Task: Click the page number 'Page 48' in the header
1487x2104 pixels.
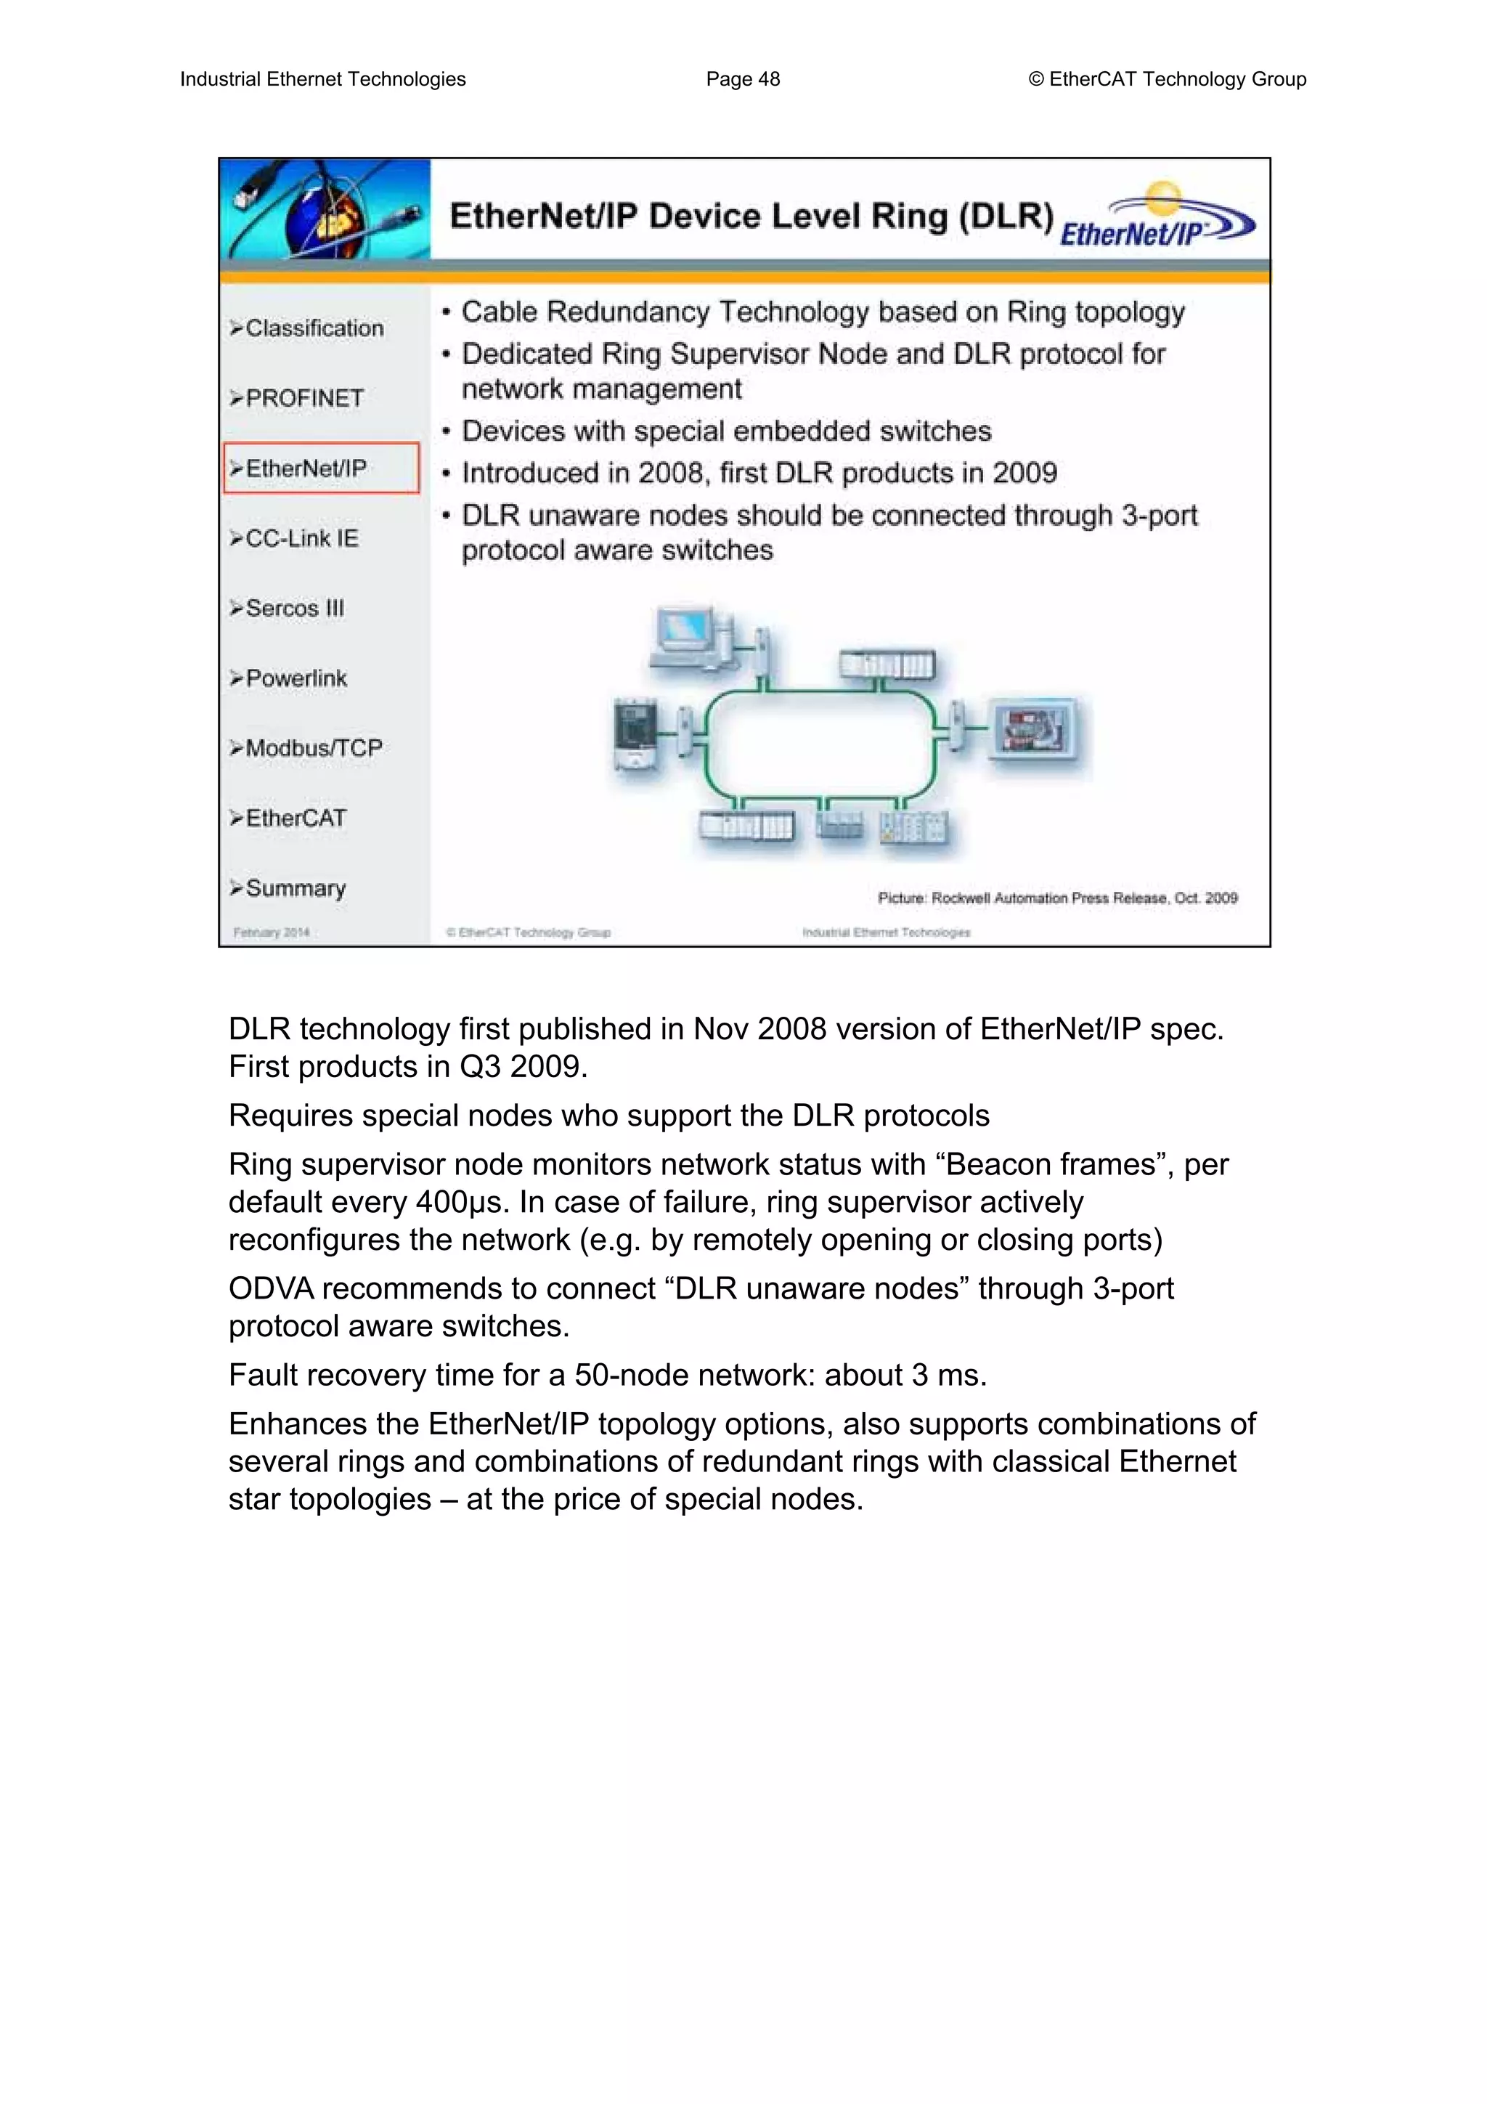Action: (742, 80)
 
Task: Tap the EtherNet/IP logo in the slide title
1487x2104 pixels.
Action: (1156, 218)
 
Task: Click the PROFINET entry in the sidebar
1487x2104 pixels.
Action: (303, 399)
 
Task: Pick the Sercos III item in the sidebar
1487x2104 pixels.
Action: (294, 609)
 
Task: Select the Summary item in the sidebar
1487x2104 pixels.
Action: (295, 889)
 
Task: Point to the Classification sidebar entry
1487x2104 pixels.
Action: (314, 328)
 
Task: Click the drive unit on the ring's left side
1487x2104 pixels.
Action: (636, 733)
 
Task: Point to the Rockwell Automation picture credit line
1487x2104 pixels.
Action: (1057, 898)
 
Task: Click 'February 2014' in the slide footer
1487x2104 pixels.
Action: (272, 933)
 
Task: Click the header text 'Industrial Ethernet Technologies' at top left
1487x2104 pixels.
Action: (322, 80)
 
